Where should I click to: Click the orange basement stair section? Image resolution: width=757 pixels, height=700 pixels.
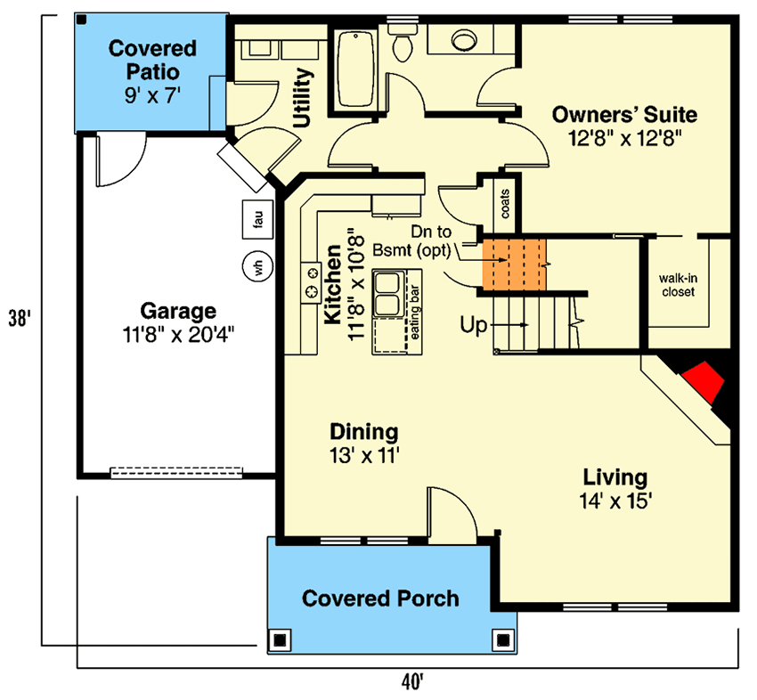coord(513,263)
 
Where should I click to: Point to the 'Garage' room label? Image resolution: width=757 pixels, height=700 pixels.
coord(178,311)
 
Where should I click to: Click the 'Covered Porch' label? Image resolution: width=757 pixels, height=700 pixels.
coord(380,598)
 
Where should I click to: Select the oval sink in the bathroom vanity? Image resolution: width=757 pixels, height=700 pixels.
coord(464,40)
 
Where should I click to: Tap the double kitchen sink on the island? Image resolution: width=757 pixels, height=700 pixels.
coord(389,295)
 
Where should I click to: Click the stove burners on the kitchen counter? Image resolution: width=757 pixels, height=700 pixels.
coord(313,281)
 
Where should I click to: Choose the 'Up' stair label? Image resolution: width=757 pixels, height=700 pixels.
coord(473,325)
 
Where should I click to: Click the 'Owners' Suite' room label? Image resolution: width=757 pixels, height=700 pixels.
coord(624,114)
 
